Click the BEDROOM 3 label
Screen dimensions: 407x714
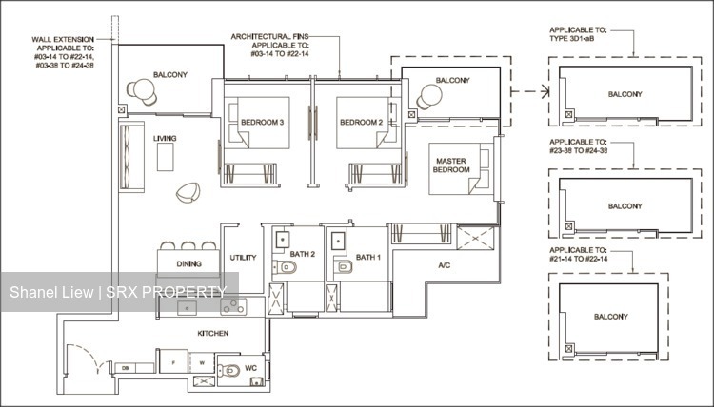(x=262, y=123)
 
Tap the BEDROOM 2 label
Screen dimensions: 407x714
(x=361, y=123)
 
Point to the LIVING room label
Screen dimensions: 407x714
(x=165, y=139)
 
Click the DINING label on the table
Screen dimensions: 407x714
(x=188, y=263)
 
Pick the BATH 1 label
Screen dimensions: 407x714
(x=367, y=257)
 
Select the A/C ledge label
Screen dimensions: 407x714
(x=444, y=266)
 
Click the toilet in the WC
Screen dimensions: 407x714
(x=228, y=372)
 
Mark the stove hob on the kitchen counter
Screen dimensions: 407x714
(x=232, y=306)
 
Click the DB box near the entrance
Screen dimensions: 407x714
(x=125, y=367)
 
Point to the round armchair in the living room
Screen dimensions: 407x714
(x=188, y=194)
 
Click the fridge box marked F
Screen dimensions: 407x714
(x=173, y=364)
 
